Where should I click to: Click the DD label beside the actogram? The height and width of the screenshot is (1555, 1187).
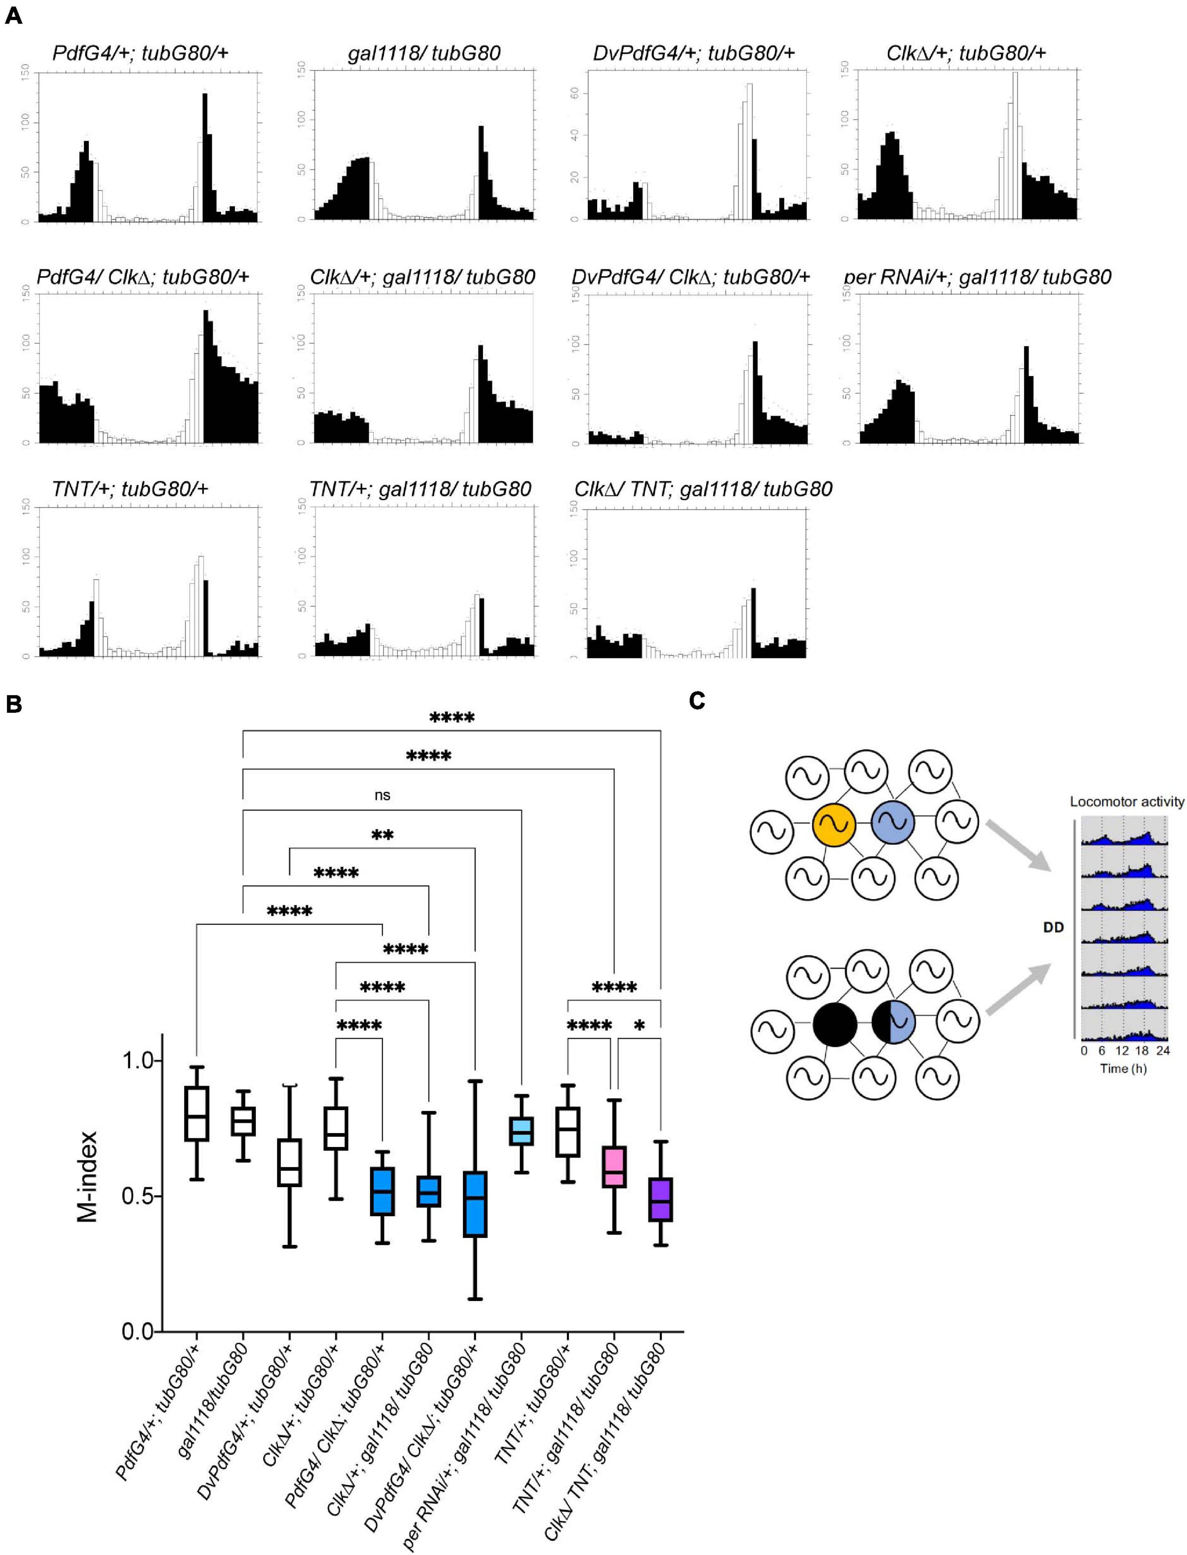pos(1053,927)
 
